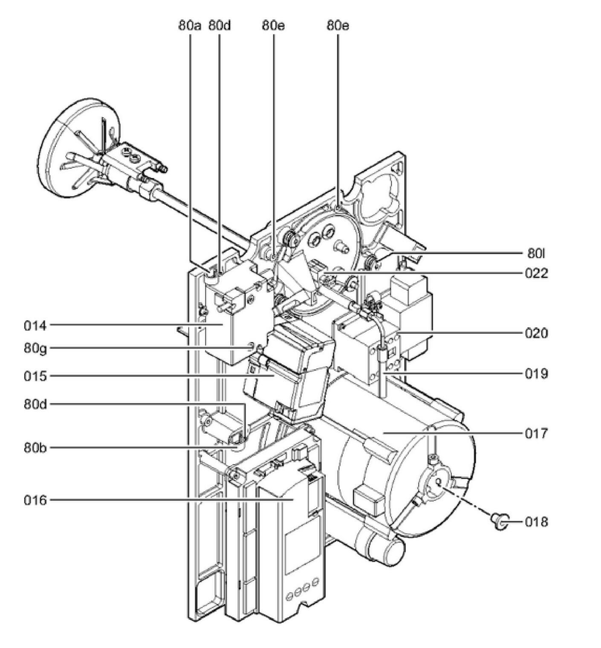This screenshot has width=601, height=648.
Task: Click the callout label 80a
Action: click(x=190, y=26)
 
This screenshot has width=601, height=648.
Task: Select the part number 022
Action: click(x=536, y=273)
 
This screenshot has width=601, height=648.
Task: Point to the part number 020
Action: click(x=536, y=333)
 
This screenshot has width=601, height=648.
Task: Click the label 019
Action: click(x=536, y=374)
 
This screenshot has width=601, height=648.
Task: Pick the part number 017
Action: click(x=536, y=434)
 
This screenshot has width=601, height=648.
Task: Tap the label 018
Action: click(x=536, y=521)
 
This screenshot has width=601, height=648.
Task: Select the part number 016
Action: click(x=35, y=500)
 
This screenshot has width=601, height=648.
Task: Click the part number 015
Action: click(x=35, y=376)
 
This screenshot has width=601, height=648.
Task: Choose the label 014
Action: click(x=35, y=326)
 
